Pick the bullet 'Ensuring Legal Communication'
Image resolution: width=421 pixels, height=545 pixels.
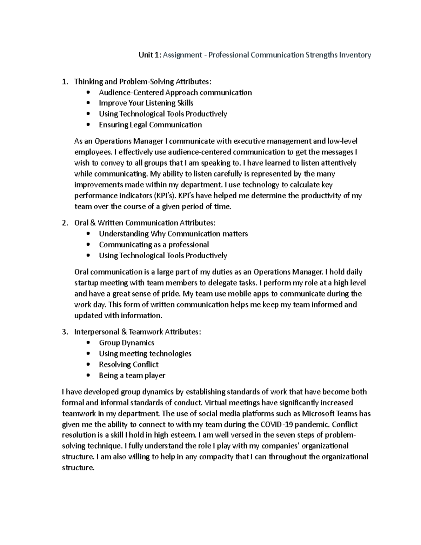(x=150, y=125)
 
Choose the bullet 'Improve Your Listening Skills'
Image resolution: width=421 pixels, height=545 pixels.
(x=146, y=103)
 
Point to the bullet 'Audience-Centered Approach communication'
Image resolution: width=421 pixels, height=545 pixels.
(x=175, y=92)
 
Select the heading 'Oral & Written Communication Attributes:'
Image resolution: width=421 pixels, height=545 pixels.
(x=145, y=223)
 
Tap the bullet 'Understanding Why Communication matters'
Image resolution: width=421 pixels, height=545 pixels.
(x=173, y=234)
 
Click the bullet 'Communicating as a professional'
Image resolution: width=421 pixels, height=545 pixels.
(x=154, y=245)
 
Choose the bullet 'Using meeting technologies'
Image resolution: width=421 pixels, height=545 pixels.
(x=145, y=353)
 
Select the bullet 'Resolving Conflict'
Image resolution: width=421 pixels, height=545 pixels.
(x=128, y=364)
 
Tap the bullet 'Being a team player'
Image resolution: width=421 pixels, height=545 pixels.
(x=132, y=375)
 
